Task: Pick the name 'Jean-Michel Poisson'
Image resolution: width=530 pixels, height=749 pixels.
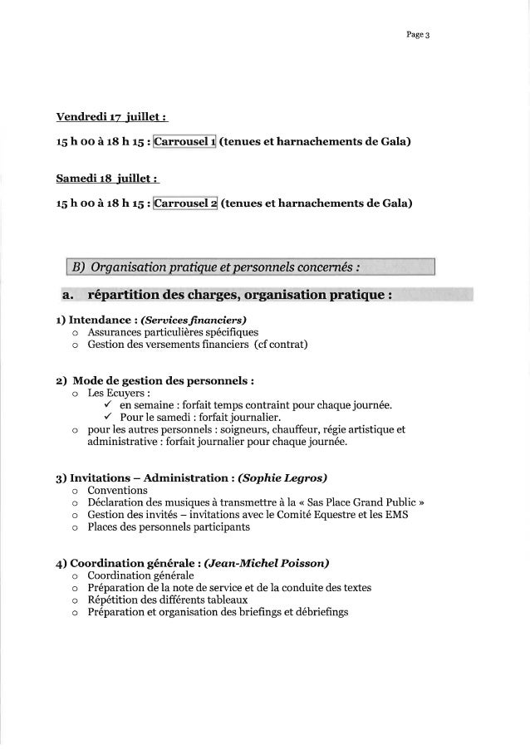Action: click(x=263, y=563)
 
